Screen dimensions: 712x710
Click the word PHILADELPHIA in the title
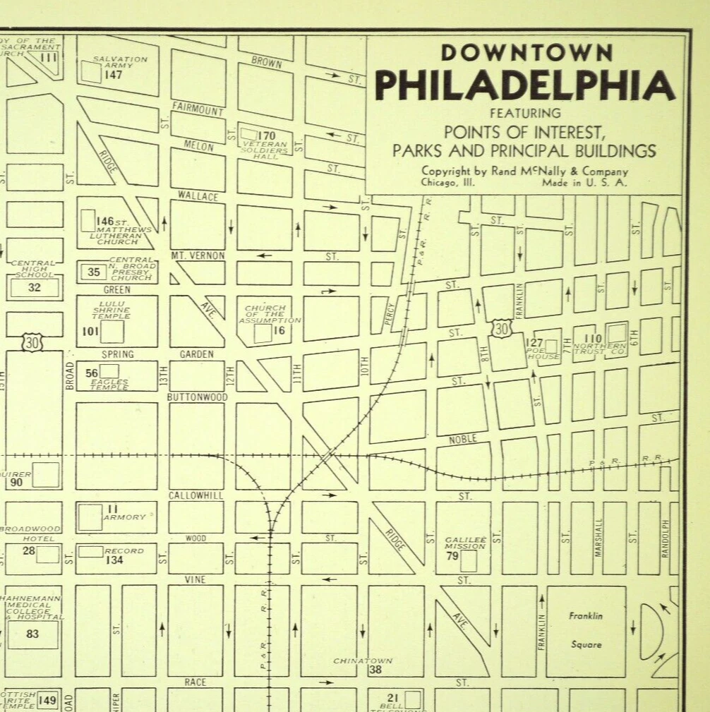click(x=524, y=85)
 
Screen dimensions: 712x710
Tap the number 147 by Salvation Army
click(x=113, y=75)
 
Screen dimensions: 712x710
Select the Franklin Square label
click(x=586, y=629)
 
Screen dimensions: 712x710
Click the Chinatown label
click(x=363, y=661)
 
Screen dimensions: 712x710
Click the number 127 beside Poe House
click(x=534, y=343)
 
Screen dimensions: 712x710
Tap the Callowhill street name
click(x=195, y=495)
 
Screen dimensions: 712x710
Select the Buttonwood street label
click(x=197, y=397)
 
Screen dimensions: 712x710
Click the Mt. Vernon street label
click(x=198, y=255)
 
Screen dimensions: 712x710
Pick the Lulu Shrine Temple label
click(x=112, y=309)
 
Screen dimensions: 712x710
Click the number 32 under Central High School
click(x=34, y=287)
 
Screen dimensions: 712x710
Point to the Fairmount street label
click(x=198, y=109)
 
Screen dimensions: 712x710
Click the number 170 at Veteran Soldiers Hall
click(x=266, y=135)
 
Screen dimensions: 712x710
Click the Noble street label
click(x=463, y=439)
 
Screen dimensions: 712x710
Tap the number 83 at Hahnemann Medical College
click(x=32, y=634)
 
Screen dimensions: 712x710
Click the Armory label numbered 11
click(x=124, y=517)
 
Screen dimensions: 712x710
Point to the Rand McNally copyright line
click(x=524, y=171)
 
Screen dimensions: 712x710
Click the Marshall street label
click(x=598, y=538)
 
